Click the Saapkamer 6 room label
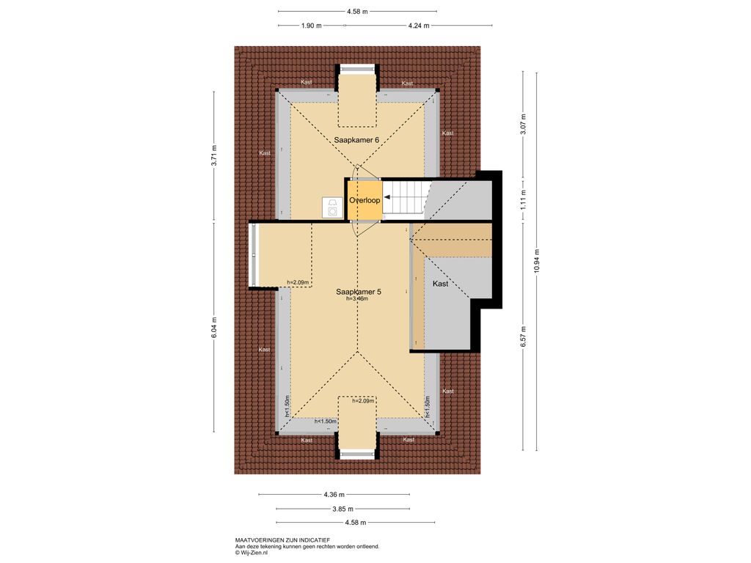[357, 140]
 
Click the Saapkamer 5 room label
[358, 292]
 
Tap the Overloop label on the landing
[364, 200]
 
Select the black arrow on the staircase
[387, 196]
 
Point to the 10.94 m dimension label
[537, 262]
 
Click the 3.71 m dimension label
[214, 155]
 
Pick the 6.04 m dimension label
[214, 328]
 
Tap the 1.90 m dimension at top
[311, 26]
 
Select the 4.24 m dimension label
[419, 26]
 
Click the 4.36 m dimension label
[334, 495]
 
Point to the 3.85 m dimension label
[343, 509]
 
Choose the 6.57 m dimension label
[524, 336]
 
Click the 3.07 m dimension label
[524, 123]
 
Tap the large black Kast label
[440, 284]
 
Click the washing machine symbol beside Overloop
[332, 207]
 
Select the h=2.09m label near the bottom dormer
[363, 401]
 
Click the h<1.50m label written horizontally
[325, 422]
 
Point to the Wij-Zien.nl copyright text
[252, 553]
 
